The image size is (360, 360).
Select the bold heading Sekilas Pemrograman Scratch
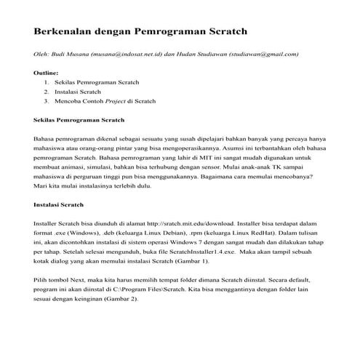coord(79,119)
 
